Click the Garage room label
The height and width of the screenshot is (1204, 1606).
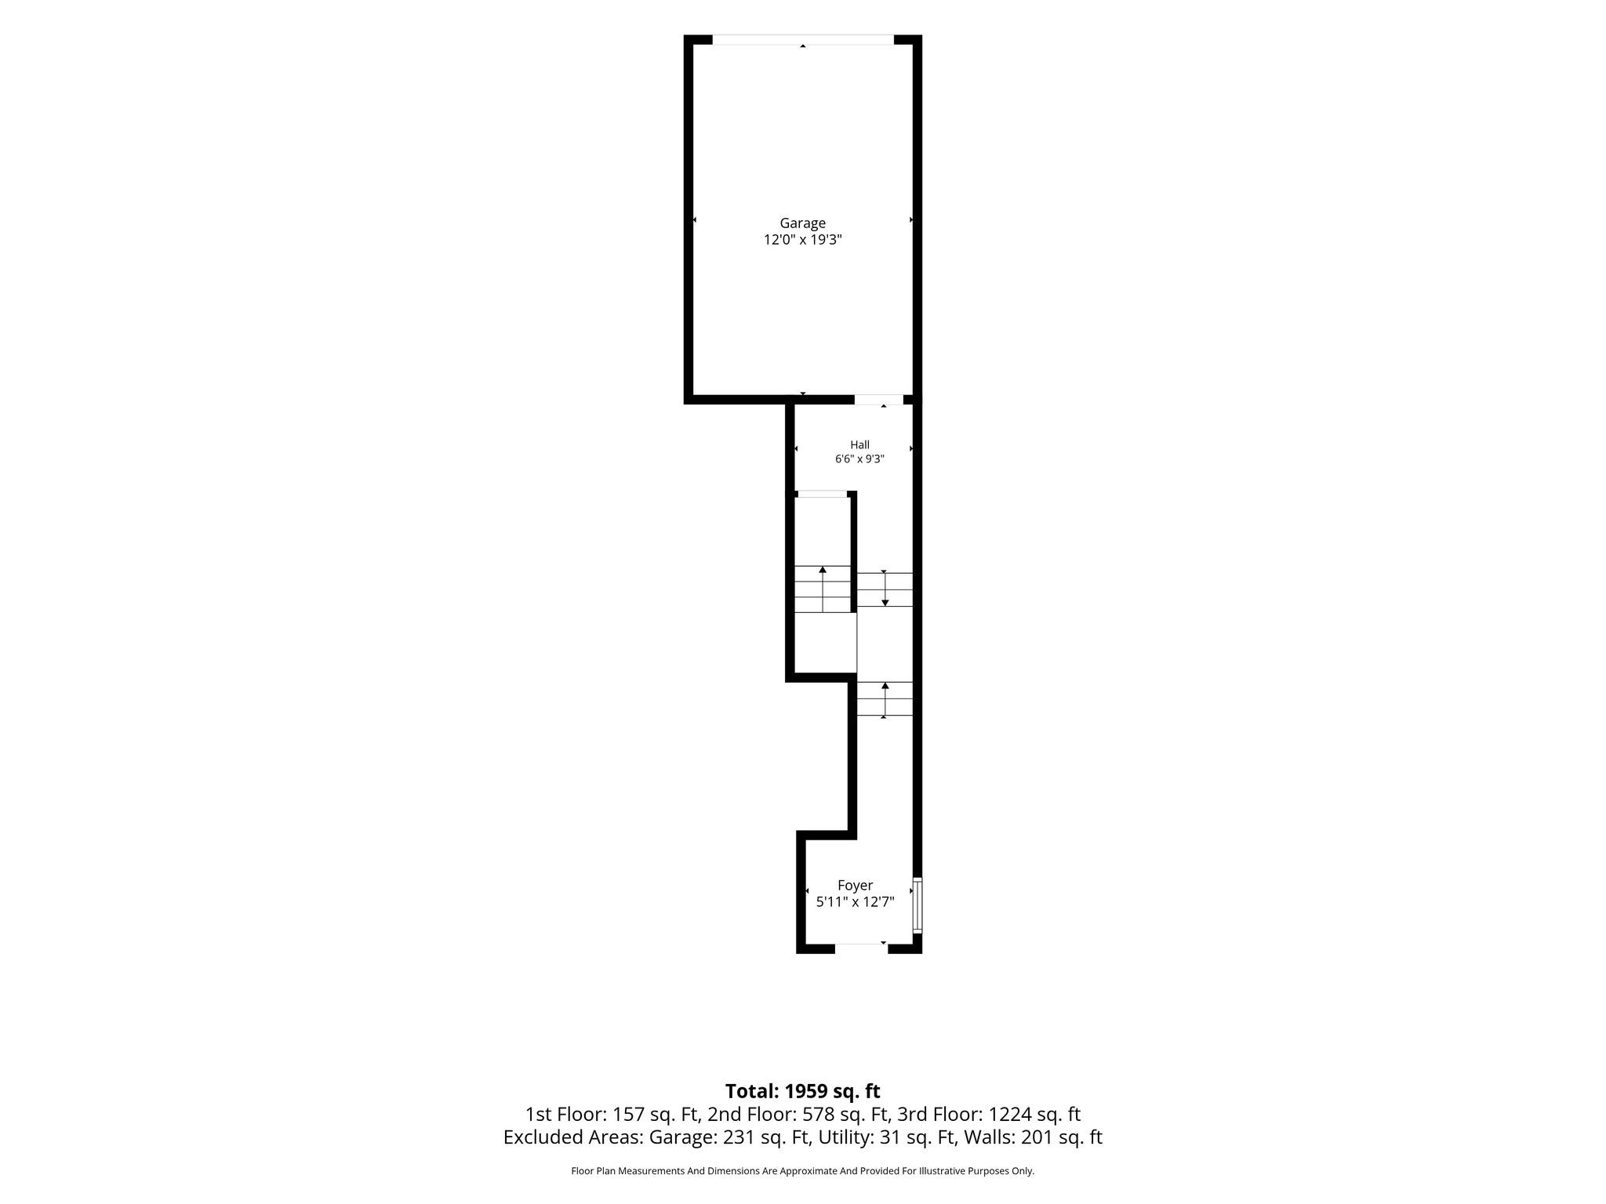point(802,223)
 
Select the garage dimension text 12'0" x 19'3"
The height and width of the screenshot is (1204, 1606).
point(802,240)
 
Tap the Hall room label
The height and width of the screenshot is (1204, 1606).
point(859,444)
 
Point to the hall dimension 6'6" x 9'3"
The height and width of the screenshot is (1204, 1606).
point(859,459)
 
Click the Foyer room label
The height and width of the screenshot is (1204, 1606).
point(855,885)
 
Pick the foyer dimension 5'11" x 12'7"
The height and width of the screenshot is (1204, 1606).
point(855,902)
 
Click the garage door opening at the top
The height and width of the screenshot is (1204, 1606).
point(802,40)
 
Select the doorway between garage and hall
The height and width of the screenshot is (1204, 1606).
point(879,400)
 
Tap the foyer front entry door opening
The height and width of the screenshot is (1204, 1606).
point(861,948)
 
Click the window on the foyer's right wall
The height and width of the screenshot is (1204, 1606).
point(917,905)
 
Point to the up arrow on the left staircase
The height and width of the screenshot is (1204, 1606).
point(823,589)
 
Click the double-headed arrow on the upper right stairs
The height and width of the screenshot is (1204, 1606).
point(885,588)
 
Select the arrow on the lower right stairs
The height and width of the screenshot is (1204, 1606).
point(885,700)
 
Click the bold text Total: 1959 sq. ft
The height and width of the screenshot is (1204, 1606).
point(802,1091)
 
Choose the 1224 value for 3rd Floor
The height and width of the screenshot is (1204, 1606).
point(1006,1114)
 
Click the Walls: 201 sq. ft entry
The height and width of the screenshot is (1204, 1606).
point(1033,1137)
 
